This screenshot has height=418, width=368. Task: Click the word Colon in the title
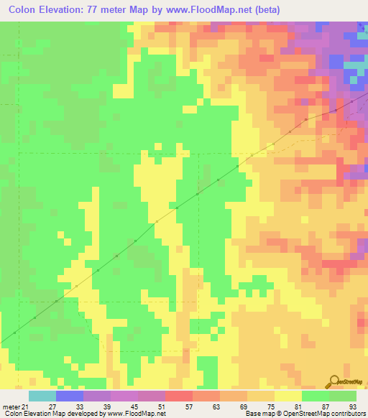(23, 10)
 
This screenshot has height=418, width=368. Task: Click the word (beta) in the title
(264, 10)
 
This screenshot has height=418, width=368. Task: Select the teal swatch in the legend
(42, 396)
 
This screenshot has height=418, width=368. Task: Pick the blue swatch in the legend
(69, 396)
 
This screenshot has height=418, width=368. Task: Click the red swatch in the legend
(178, 396)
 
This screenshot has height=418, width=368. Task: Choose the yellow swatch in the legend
(287, 396)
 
